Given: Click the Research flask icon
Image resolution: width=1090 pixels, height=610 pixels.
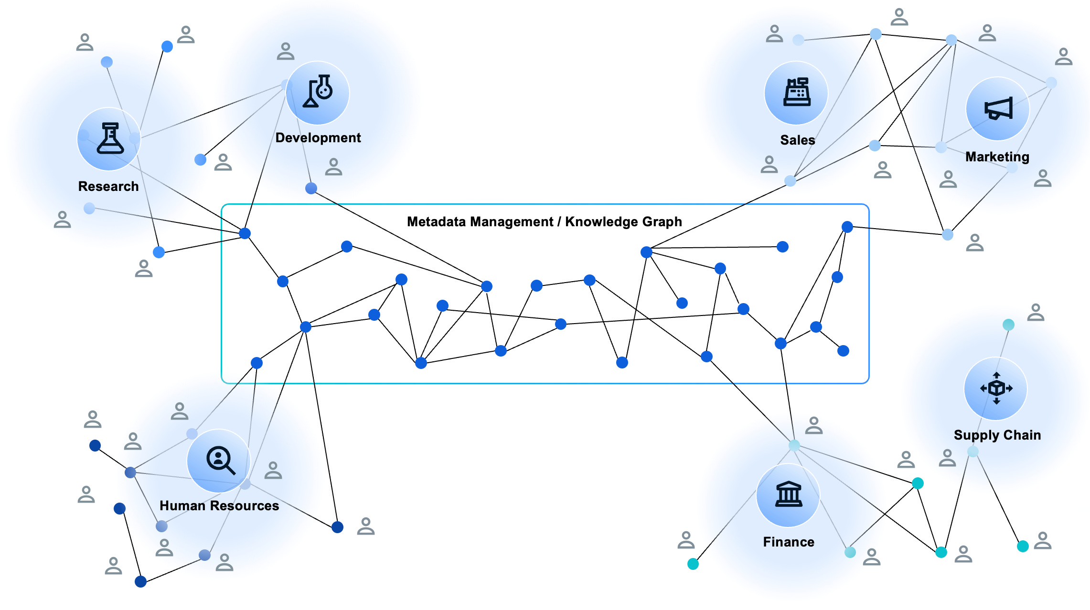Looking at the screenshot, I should point(110,139).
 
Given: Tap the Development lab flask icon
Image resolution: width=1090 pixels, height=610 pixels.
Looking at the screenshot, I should point(318,92).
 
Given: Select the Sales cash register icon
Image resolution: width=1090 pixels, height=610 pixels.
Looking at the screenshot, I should point(797,92).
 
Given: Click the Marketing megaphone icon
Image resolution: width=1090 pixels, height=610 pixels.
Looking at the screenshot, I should point(998,108).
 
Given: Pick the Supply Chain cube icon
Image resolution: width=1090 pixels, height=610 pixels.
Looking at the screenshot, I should point(996,388).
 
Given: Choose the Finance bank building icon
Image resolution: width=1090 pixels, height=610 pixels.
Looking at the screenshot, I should point(788,494).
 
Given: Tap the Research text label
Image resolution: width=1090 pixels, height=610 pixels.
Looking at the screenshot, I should point(108,186).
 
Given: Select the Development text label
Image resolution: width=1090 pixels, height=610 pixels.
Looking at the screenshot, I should point(318,137).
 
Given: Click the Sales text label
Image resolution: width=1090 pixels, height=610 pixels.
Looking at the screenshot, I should point(797,140).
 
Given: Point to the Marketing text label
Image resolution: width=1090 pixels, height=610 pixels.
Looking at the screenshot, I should point(997,157).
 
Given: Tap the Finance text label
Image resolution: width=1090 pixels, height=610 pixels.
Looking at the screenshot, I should point(789,542).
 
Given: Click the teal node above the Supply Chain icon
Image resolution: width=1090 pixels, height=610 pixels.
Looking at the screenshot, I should point(1008,325).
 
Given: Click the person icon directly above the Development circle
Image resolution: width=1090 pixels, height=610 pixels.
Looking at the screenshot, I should point(286,51).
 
